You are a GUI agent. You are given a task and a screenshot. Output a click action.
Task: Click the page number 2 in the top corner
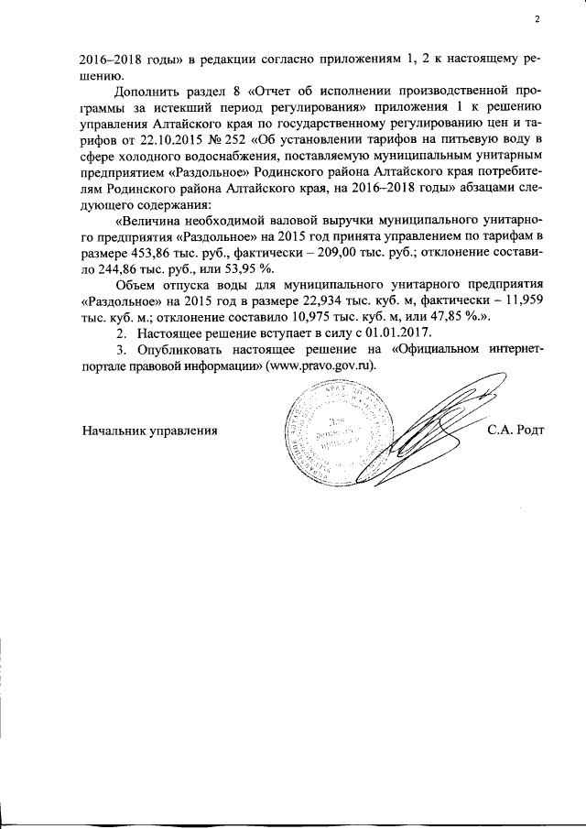(x=538, y=20)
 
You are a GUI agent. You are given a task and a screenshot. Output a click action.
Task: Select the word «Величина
(x=152, y=224)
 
